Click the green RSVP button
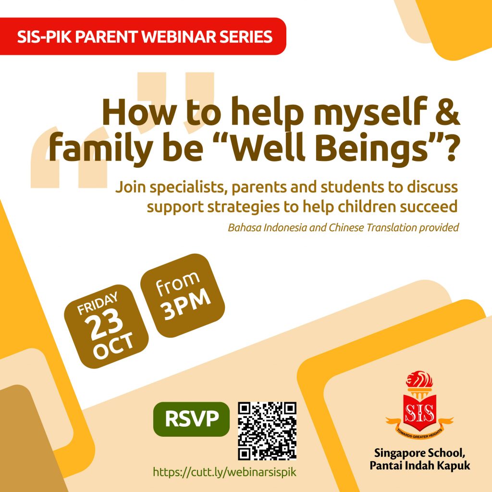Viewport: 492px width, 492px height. [191, 419]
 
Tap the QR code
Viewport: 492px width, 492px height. [267, 431]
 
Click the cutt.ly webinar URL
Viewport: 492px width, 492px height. [225, 472]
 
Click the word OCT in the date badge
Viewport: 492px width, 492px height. [113, 346]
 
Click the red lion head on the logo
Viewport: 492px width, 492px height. [419, 380]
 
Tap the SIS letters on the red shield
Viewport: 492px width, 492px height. [419, 413]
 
